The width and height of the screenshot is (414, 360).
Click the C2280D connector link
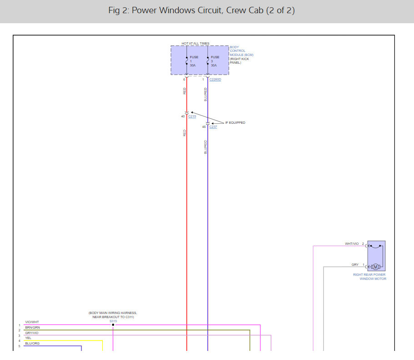pyautogui.click(x=215, y=80)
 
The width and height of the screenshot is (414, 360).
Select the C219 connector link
pyautogui.click(x=192, y=117)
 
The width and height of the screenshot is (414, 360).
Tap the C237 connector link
pyautogui.click(x=213, y=127)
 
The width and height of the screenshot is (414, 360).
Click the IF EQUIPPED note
pyautogui.click(x=235, y=123)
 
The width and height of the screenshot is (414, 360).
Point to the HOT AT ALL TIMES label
pyautogui.click(x=196, y=44)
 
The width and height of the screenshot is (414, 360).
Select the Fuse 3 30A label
pyautogui.click(x=215, y=61)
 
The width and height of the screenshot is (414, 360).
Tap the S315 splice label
pyautogui.click(x=113, y=321)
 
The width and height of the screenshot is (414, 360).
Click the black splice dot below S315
pyautogui.click(x=113, y=325)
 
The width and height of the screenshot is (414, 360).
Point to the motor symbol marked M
pyautogui.click(x=375, y=267)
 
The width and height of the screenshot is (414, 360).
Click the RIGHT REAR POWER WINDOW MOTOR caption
pyautogui.click(x=369, y=277)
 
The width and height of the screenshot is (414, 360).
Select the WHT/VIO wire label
pyautogui.click(x=352, y=244)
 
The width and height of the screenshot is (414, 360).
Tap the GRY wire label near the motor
pyautogui.click(x=355, y=265)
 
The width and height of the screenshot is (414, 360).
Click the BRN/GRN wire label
pyautogui.click(x=32, y=328)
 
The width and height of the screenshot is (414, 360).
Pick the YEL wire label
pyautogui.click(x=28, y=338)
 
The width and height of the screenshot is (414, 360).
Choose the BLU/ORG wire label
pyautogui.click(x=32, y=344)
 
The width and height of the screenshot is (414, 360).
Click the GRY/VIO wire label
pyautogui.click(x=32, y=333)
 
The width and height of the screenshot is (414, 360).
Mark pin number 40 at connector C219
pyautogui.click(x=183, y=117)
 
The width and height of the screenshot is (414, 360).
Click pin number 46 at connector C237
pyautogui.click(x=204, y=127)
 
